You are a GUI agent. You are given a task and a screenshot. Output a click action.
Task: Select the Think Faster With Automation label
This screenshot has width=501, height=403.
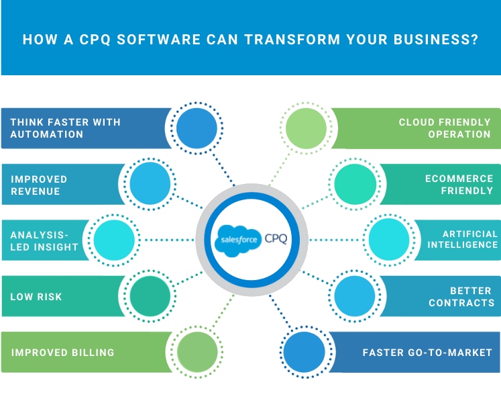click(x=65, y=128)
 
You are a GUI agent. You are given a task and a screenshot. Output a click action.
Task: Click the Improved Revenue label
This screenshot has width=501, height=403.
click(x=39, y=185)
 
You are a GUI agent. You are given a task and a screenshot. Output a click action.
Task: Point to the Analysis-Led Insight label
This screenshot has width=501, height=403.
click(x=44, y=240)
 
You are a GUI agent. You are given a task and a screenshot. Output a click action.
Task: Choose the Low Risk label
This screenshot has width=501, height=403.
click(x=36, y=296)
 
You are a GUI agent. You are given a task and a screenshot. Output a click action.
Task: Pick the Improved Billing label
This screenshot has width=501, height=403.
click(x=62, y=352)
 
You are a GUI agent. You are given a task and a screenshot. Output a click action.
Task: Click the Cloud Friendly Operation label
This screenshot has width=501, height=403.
click(x=445, y=128)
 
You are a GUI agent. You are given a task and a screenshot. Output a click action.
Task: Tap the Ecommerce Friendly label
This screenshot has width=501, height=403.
click(x=459, y=185)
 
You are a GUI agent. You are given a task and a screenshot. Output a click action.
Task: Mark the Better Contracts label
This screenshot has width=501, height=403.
click(x=461, y=296)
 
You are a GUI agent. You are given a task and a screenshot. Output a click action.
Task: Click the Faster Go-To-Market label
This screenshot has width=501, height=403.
click(x=427, y=352)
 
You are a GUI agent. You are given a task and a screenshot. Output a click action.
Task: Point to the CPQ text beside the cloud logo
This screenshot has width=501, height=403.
click(x=276, y=238)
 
